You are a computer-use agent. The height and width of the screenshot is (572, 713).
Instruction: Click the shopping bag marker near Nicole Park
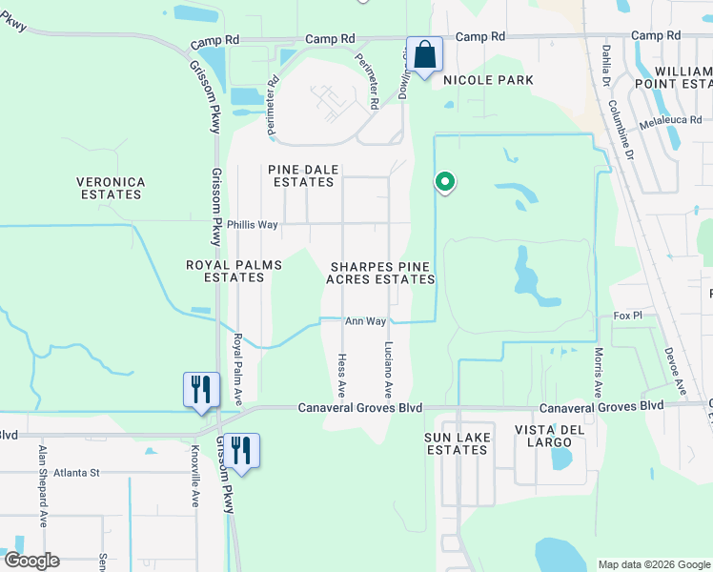tap(425, 53)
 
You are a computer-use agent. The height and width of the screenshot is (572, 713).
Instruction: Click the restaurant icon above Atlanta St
tap(241, 450)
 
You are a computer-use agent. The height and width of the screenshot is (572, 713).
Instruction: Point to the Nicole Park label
tap(488, 80)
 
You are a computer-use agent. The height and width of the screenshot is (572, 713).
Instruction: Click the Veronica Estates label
tap(111, 188)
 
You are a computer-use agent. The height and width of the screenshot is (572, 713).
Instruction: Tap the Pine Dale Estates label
tap(304, 175)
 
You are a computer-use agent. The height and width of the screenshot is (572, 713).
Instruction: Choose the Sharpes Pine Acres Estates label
tap(380, 273)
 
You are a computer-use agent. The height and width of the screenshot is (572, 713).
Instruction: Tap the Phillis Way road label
tap(252, 225)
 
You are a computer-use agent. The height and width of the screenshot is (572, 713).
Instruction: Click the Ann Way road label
tap(365, 322)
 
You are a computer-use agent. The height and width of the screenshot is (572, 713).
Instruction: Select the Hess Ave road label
tap(341, 375)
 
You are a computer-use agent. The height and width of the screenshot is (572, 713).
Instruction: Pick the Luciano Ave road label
tap(388, 369)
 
